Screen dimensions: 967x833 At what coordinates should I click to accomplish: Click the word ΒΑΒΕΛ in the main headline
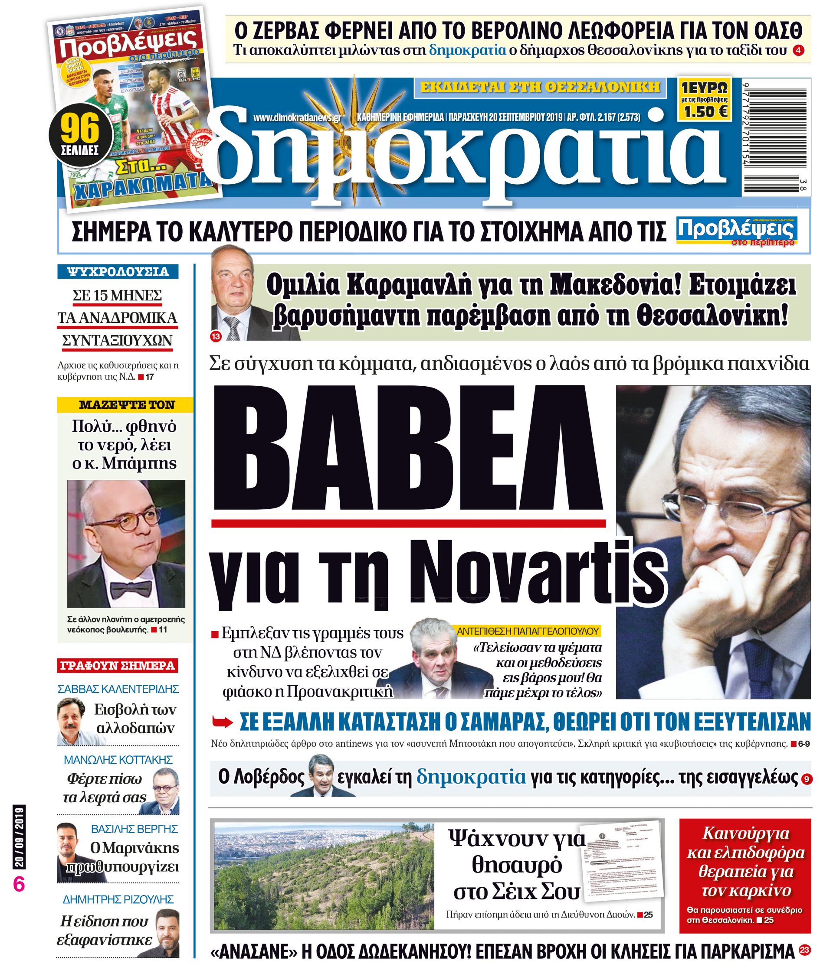click(x=407, y=450)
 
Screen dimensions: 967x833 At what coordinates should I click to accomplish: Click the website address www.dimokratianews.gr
click(x=298, y=117)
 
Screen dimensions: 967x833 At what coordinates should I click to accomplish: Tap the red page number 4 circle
click(x=799, y=50)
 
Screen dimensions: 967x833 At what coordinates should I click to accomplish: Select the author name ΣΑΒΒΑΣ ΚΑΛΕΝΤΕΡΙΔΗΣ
click(x=118, y=689)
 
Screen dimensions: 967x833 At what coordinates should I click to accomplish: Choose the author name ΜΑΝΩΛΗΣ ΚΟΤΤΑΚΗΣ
click(x=118, y=759)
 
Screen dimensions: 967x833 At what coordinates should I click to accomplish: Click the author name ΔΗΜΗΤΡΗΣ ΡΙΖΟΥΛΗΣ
click(x=118, y=899)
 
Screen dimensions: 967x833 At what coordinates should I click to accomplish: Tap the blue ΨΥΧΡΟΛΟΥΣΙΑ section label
click(x=118, y=272)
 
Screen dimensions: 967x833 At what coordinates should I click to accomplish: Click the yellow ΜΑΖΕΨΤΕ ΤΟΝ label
click(x=125, y=405)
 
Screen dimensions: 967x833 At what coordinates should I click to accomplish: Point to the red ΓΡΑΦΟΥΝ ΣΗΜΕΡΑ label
click(x=118, y=665)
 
